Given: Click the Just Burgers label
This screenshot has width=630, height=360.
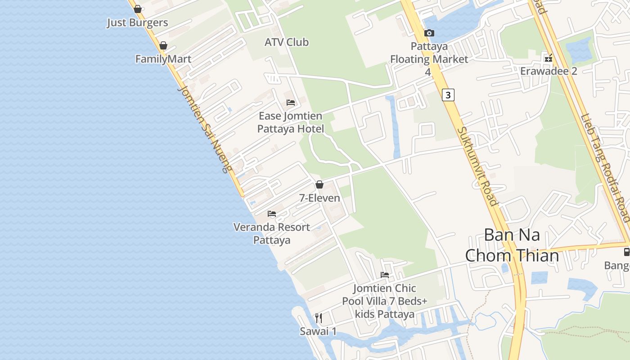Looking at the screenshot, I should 137,22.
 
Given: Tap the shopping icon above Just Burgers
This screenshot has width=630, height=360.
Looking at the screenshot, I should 138,9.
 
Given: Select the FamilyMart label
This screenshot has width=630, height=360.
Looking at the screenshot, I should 163,59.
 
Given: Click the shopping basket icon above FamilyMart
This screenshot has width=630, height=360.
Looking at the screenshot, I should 163,45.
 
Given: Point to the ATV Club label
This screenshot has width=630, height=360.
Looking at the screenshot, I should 287,42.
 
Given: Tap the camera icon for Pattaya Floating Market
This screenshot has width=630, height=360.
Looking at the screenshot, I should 429,33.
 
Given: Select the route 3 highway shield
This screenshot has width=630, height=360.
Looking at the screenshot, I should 448,95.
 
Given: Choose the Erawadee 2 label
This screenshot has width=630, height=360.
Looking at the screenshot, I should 549,71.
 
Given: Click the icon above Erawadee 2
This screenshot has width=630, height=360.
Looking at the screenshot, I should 549,58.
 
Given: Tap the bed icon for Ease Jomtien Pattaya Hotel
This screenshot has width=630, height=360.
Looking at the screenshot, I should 291,103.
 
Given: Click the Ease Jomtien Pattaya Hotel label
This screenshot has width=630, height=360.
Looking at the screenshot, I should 291,122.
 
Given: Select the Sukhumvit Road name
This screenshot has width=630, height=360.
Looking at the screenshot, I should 478,166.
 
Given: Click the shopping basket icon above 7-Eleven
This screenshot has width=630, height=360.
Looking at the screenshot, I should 319,184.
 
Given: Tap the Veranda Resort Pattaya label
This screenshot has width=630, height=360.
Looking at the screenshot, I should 272,234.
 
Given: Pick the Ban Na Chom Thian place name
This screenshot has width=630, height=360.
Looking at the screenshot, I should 512,245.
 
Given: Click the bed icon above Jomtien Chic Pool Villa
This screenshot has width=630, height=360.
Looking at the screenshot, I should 385,275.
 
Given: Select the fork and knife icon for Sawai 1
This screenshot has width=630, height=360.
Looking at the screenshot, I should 319,318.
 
